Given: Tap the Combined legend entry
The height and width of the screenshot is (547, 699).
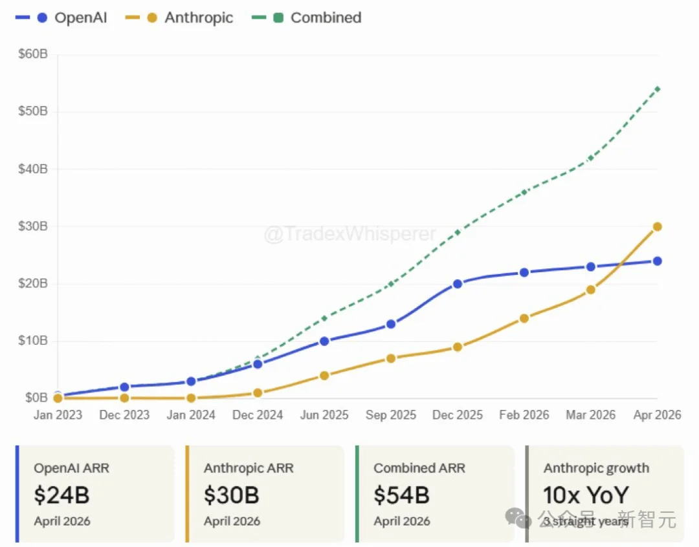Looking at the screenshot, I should tap(317, 17).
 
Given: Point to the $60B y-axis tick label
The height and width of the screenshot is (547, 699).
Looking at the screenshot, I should tap(33, 54).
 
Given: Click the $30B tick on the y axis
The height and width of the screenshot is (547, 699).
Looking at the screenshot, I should tap(33, 226).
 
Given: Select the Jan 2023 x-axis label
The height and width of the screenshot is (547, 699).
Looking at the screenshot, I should tap(58, 415).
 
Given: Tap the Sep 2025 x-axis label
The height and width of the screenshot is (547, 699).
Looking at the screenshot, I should tap(391, 415).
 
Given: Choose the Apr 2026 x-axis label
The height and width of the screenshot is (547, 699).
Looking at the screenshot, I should tap(656, 415).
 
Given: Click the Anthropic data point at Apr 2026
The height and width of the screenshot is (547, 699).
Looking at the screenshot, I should tap(657, 226).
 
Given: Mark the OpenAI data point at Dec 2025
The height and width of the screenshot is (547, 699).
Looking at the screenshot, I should tap(458, 284).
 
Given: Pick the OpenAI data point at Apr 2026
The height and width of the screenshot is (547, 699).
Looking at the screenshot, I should tap(657, 261).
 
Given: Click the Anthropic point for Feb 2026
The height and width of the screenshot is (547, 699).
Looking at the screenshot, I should tap(524, 318).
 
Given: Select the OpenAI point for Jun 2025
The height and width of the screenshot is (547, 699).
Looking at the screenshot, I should tap(324, 341).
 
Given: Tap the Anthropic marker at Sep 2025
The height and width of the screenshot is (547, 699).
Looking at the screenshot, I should tap(391, 358).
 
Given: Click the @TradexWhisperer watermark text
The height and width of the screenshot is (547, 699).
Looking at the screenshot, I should tap(349, 234).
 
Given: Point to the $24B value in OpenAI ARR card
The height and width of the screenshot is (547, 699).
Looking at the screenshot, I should tap(61, 495).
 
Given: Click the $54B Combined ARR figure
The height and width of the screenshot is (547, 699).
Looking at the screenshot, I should tap(401, 495).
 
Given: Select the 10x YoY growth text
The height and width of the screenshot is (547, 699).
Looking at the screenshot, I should tap(586, 495).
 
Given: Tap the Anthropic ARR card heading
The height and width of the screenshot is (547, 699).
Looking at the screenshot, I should tap(249, 468).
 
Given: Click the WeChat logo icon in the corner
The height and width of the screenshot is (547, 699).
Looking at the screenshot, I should tap(518, 517).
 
